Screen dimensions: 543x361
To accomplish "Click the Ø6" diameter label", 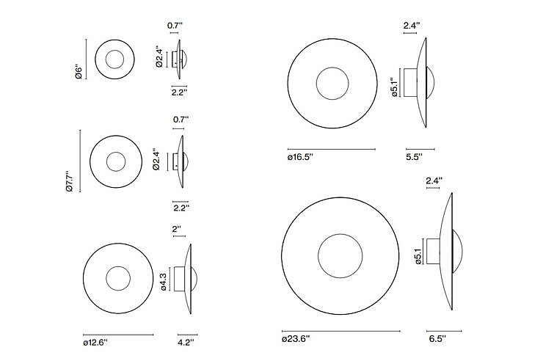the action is (x=79, y=72).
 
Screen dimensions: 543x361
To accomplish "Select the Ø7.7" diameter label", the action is (x=70, y=180).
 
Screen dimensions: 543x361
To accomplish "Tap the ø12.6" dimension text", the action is (x=95, y=343).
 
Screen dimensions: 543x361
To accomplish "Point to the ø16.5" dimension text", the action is (x=300, y=157).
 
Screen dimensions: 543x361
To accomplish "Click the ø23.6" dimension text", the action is (x=296, y=339).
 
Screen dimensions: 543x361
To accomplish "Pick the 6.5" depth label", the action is (x=437, y=339).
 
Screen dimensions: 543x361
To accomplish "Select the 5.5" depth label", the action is (x=414, y=157).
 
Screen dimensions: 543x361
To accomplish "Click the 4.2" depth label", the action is (x=186, y=343).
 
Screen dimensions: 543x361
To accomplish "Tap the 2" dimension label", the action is (x=177, y=229).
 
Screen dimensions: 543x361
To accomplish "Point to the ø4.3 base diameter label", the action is (x=164, y=282).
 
